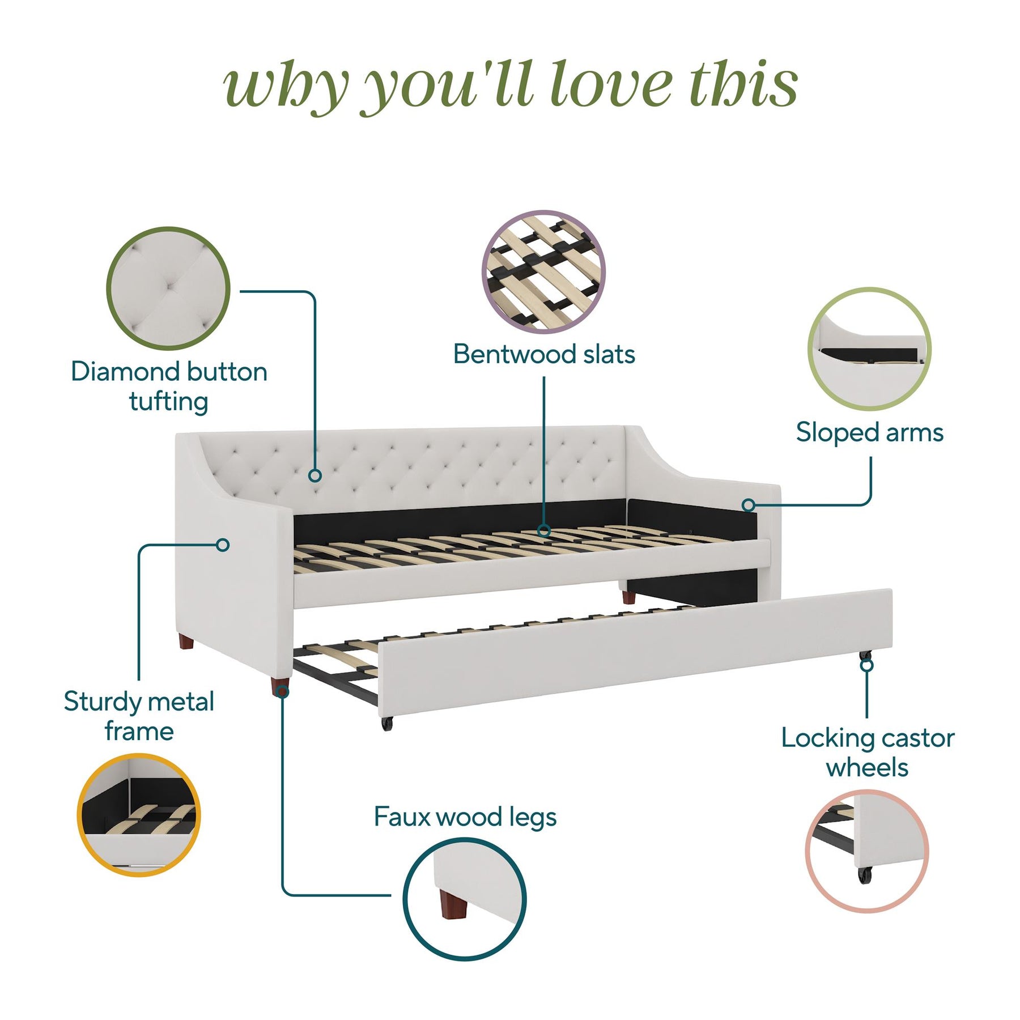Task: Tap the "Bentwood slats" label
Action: pos(544,354)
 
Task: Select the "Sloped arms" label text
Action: pos(870,432)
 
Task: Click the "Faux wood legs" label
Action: pos(465,817)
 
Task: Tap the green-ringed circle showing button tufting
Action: pos(168,288)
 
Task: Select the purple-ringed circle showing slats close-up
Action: pos(543,271)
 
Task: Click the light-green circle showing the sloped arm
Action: pos(869,348)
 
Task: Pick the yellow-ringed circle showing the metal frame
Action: pos(139,815)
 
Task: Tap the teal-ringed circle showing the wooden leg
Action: pos(465,899)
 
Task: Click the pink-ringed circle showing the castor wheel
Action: pos(867,851)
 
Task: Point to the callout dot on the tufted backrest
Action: pos(316,475)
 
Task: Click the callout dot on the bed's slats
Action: pos(544,531)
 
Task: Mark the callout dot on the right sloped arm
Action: pos(749,505)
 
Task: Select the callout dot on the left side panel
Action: pos(223,545)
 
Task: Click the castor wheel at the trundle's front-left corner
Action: pos(387,724)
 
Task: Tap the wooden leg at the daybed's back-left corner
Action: pos(186,642)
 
